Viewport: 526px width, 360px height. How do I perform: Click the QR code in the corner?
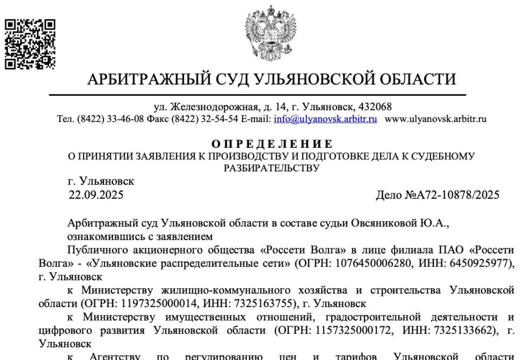point(30,43)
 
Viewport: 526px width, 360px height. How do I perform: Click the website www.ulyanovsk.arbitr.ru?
point(436,119)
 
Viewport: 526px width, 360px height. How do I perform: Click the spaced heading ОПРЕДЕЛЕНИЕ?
point(272,144)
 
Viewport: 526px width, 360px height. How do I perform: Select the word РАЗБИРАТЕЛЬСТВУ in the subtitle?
point(272,168)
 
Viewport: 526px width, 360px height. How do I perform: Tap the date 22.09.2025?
point(96,194)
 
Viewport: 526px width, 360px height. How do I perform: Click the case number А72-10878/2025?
point(453,194)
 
